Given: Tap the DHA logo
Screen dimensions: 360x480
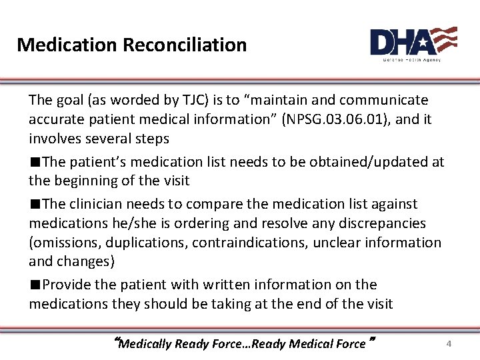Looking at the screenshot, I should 413,44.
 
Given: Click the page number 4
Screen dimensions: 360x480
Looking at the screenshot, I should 449,344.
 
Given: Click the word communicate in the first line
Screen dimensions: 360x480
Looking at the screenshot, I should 383,100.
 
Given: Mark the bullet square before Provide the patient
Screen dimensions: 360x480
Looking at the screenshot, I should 34,285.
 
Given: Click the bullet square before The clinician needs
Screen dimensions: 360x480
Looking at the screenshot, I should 34,205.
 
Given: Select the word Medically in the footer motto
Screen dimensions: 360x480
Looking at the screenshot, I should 145,344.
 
